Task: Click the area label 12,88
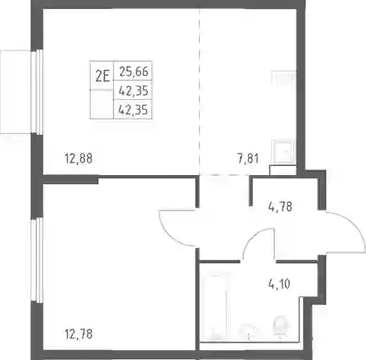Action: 78,159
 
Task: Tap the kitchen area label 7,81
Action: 248,159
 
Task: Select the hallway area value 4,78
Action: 280,206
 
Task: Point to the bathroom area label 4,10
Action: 279,284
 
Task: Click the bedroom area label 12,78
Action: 78,334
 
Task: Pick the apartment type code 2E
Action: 102,77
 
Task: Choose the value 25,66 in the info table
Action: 134,72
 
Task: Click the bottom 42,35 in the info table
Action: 133,110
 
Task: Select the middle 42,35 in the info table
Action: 133,91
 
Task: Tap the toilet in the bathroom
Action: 281,326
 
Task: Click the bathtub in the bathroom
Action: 219,306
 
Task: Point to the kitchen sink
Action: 283,152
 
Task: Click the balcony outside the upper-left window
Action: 16,92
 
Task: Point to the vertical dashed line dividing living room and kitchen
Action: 200,92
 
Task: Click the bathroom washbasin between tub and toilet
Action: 249,331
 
